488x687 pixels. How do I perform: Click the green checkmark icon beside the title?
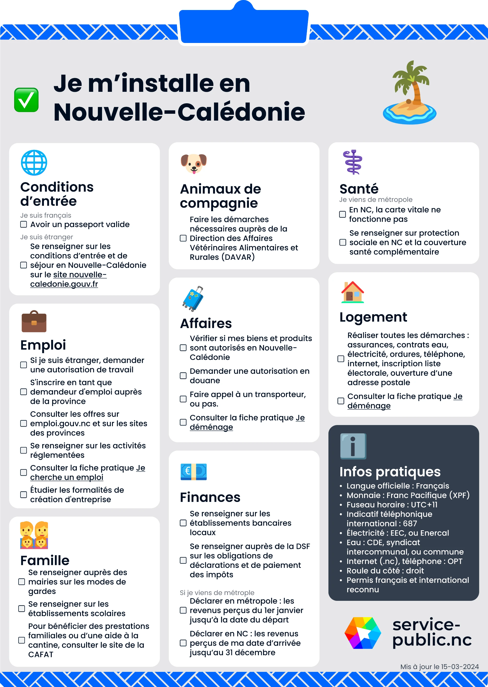pyautogui.click(x=26, y=100)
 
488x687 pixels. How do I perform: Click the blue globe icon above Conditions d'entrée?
pyautogui.click(x=34, y=163)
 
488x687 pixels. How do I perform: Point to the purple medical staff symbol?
pyautogui.click(x=353, y=162)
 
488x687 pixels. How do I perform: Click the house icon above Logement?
pyautogui.click(x=353, y=292)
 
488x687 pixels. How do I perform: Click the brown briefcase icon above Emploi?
pyautogui.click(x=34, y=321)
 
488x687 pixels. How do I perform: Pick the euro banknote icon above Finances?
pyautogui.click(x=193, y=471)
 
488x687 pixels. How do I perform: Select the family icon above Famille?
pyautogui.click(x=34, y=535)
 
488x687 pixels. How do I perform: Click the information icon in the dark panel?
pyautogui.click(x=353, y=446)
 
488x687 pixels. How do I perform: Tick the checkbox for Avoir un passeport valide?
pyautogui.click(x=23, y=224)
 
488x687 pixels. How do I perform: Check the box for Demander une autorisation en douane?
pyautogui.click(x=183, y=376)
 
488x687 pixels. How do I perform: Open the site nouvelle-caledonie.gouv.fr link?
pyautogui.click(x=69, y=280)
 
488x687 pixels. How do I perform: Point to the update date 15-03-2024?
pyautogui.click(x=460, y=666)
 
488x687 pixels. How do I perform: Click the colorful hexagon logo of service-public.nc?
pyautogui.click(x=363, y=633)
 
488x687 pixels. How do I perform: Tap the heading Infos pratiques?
pyautogui.click(x=390, y=472)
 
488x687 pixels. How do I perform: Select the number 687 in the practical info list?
pyautogui.click(x=410, y=523)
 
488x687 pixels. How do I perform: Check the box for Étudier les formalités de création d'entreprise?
pyautogui.click(x=23, y=495)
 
